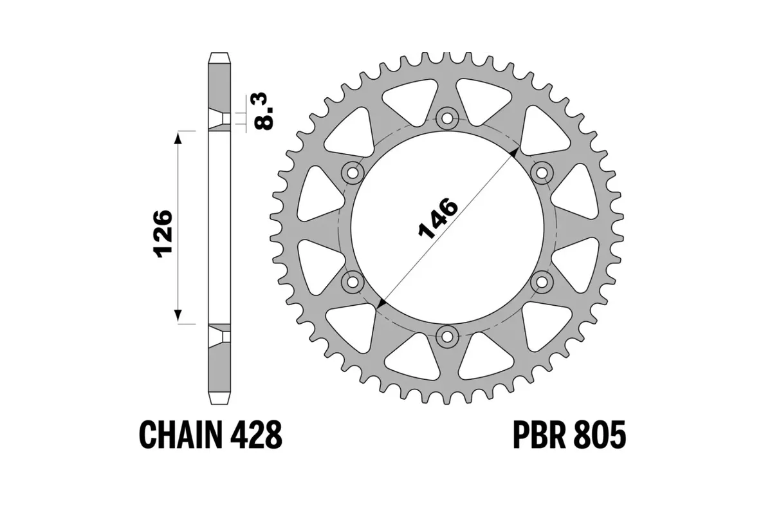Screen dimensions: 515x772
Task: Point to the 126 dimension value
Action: (x=163, y=232)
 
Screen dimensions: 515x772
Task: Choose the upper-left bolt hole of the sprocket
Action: (x=353, y=172)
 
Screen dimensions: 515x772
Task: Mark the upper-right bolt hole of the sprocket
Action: (x=541, y=172)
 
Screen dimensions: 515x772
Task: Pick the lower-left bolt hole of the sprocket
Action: (x=353, y=281)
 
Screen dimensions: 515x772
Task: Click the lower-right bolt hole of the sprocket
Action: (x=541, y=281)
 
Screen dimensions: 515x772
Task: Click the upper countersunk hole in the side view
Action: (x=219, y=118)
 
